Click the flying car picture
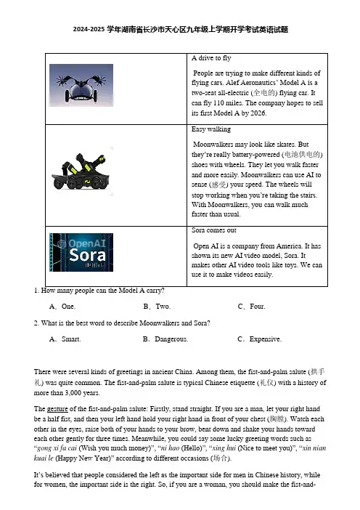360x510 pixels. pyautogui.click(x=81, y=85)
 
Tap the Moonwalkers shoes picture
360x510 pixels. pyautogui.click(x=81, y=171)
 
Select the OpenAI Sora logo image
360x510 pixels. pyautogui.click(x=81, y=252)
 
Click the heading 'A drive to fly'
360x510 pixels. pyautogui.click(x=211, y=58)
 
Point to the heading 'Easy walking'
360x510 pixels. pyautogui.click(x=211, y=129)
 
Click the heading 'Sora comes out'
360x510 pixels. pyautogui.click(x=214, y=230)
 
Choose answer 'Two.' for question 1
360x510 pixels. pyautogui.click(x=163, y=307)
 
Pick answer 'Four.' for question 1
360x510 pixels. pyautogui.click(x=258, y=307)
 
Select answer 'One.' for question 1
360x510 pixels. pyautogui.click(x=68, y=307)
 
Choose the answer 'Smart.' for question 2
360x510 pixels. pyautogui.click(x=71, y=339)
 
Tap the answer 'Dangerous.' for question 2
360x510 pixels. pyautogui.click(x=171, y=339)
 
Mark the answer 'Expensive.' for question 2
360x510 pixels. pyautogui.click(x=266, y=339)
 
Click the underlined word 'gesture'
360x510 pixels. pyautogui.click(x=57, y=409)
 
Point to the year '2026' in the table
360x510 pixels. pyautogui.click(x=258, y=113)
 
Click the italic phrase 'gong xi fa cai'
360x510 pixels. pyautogui.click(x=57, y=448)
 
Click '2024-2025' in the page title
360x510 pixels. pyautogui.click(x=89, y=30)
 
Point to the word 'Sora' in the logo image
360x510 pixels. pyautogui.click(x=87, y=255)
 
